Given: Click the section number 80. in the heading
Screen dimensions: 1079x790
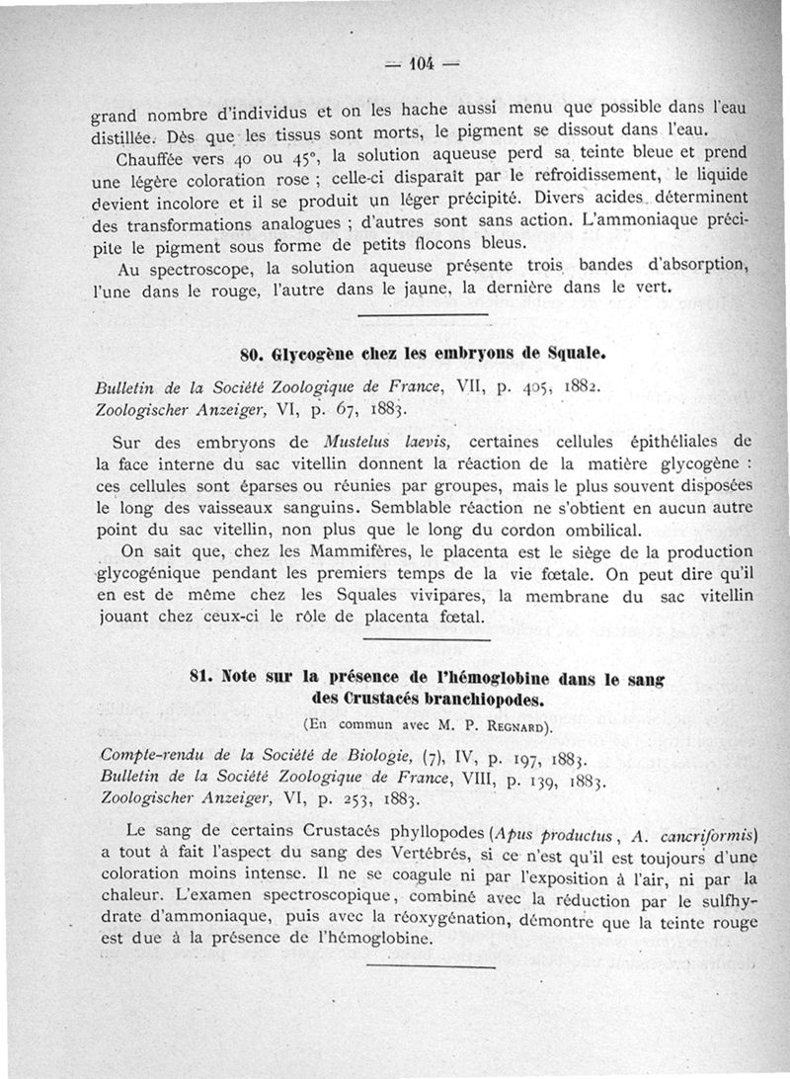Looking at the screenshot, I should pos(254,353).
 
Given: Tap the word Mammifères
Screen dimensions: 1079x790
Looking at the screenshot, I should pos(341,550).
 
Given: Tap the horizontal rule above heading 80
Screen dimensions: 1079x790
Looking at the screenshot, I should pos(422,315).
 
